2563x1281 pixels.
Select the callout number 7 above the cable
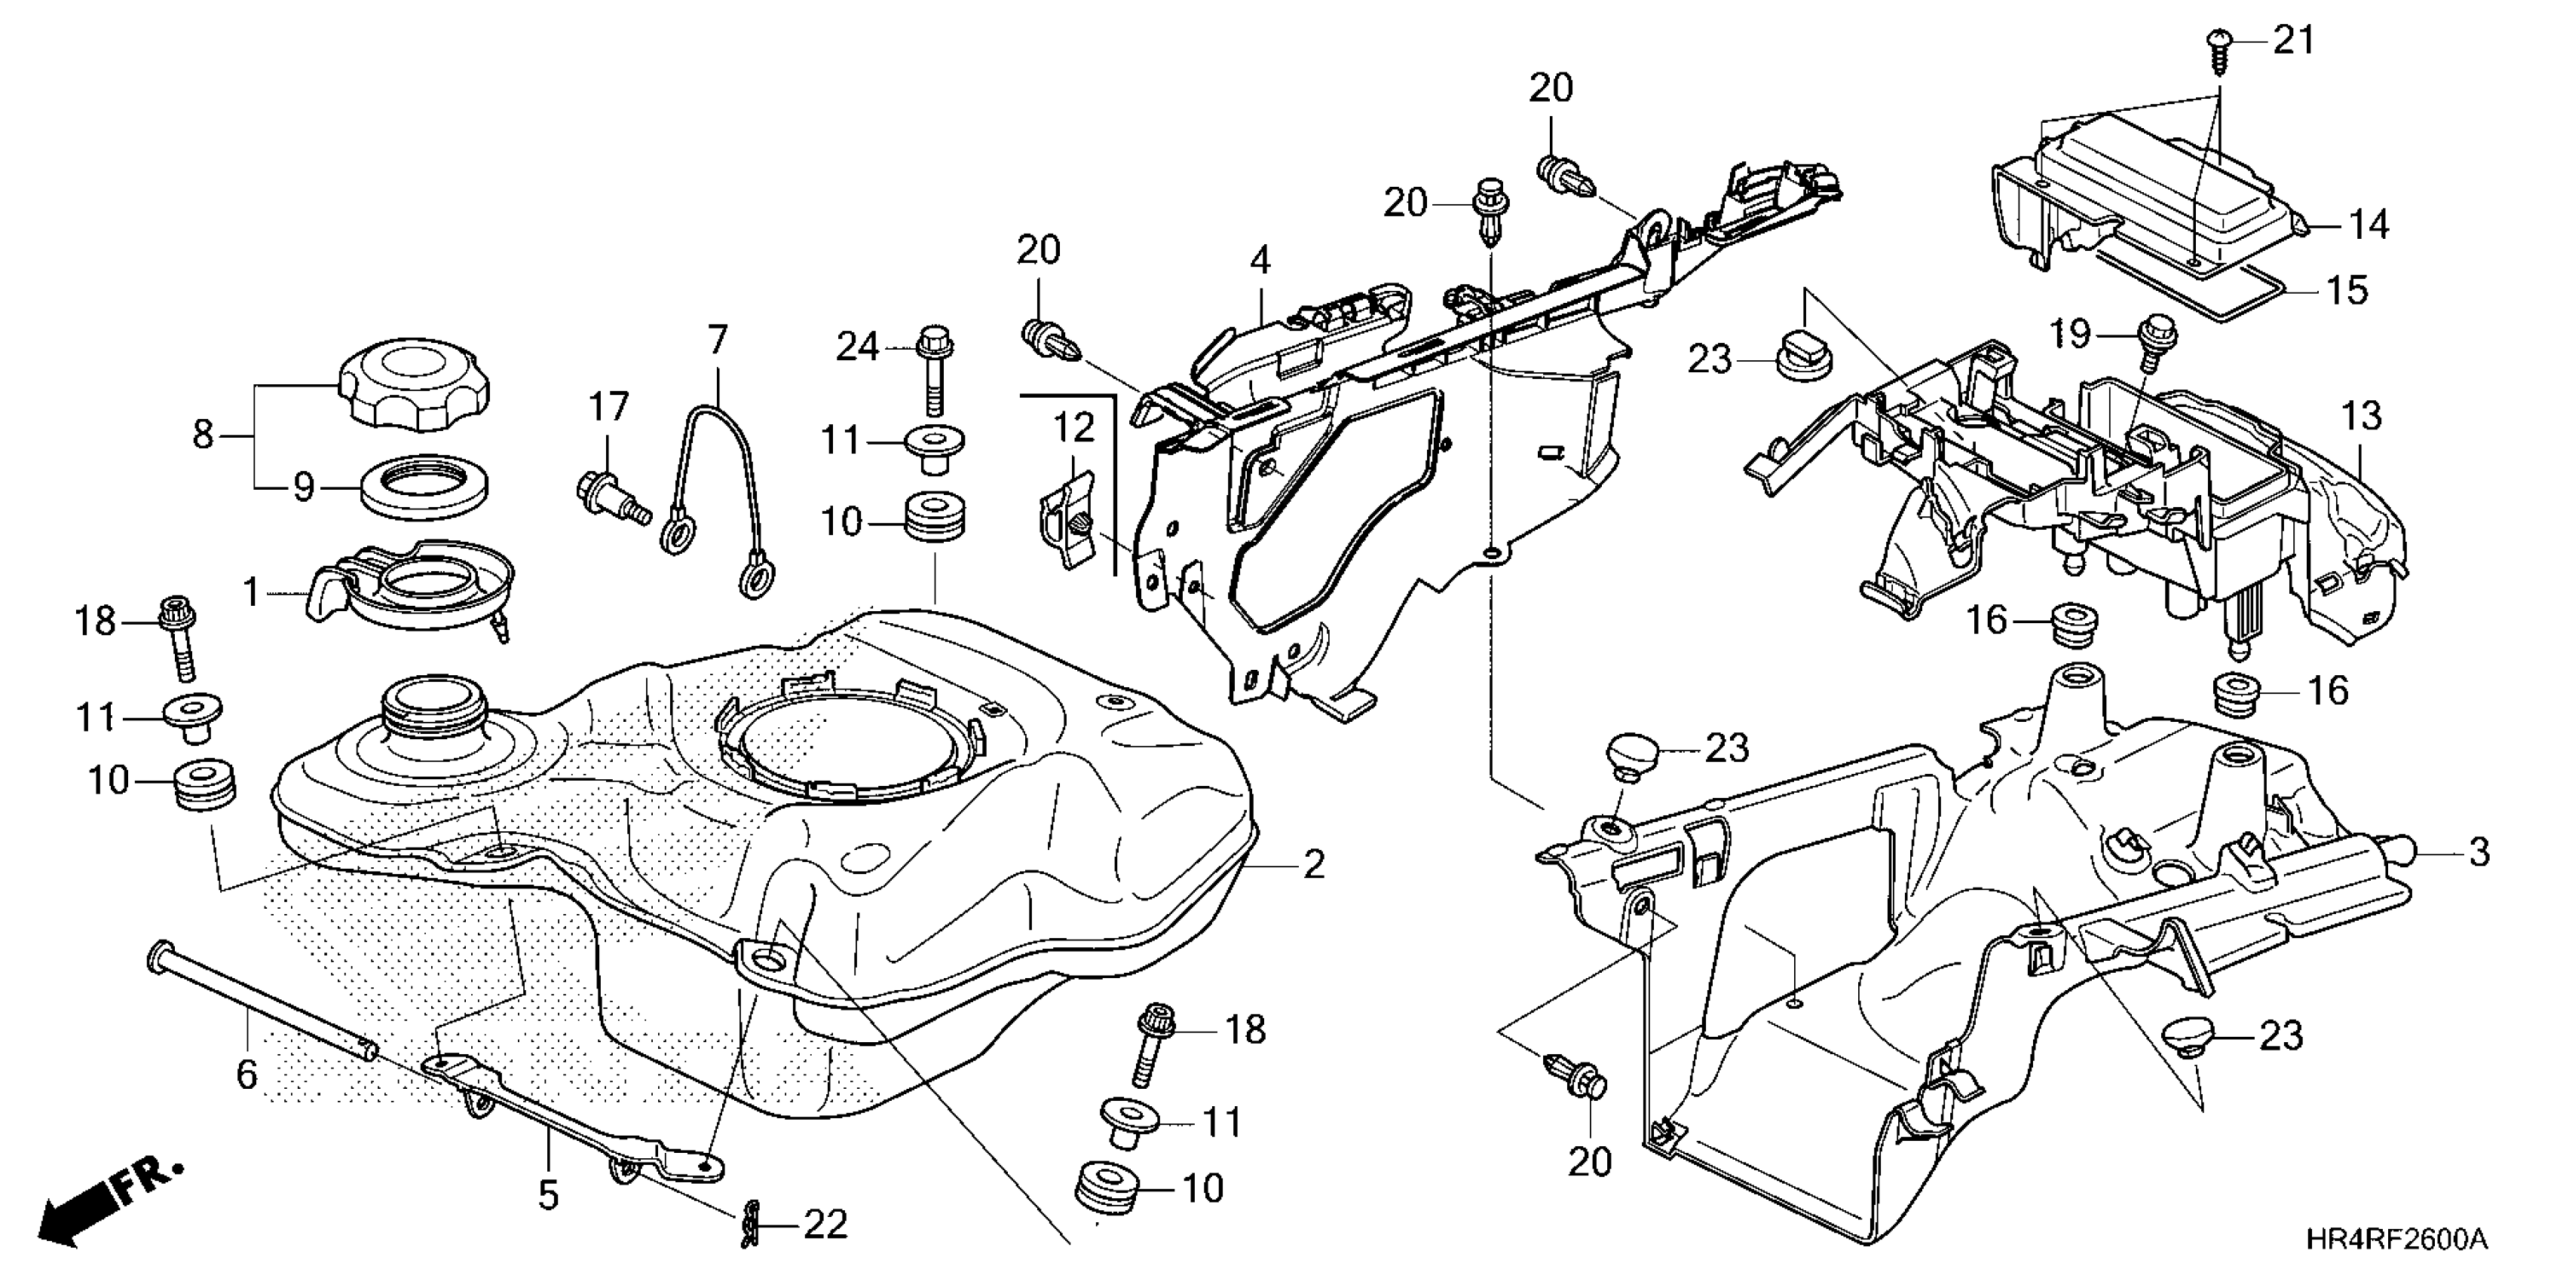click(x=718, y=339)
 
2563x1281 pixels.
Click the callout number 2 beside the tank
click(x=1313, y=864)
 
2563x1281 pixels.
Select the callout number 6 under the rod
click(x=246, y=1074)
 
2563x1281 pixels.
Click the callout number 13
click(x=2362, y=414)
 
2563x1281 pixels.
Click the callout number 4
click(x=1260, y=261)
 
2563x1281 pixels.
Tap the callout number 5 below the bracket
click(x=548, y=1194)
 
